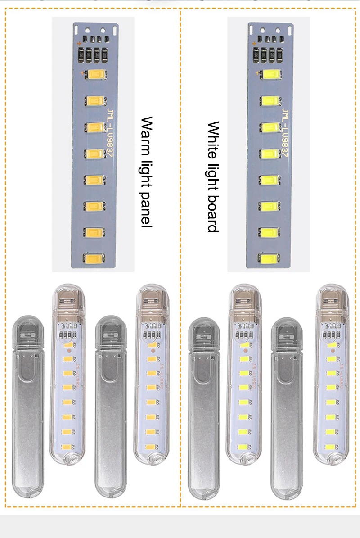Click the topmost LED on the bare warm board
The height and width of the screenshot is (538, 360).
click(x=96, y=75)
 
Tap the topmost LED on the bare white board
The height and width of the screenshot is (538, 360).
click(x=271, y=75)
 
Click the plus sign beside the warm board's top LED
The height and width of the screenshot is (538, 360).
click(x=81, y=72)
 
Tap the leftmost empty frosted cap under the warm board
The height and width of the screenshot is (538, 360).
click(x=27, y=405)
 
